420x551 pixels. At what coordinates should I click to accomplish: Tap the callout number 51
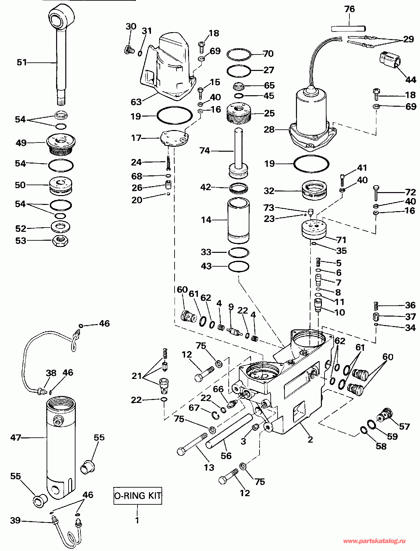22,62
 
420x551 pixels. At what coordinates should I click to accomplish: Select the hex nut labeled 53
60,241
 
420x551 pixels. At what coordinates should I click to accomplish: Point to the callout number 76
350,9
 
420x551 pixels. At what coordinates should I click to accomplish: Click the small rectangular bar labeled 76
348,28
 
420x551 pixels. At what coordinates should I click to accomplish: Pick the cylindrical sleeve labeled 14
239,221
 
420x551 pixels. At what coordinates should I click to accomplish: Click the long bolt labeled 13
193,444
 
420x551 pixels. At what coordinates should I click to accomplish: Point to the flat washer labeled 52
60,227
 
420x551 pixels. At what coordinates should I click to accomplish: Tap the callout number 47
15,437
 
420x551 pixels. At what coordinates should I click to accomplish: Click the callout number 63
136,102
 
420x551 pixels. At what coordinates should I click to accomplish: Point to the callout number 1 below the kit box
137,520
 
